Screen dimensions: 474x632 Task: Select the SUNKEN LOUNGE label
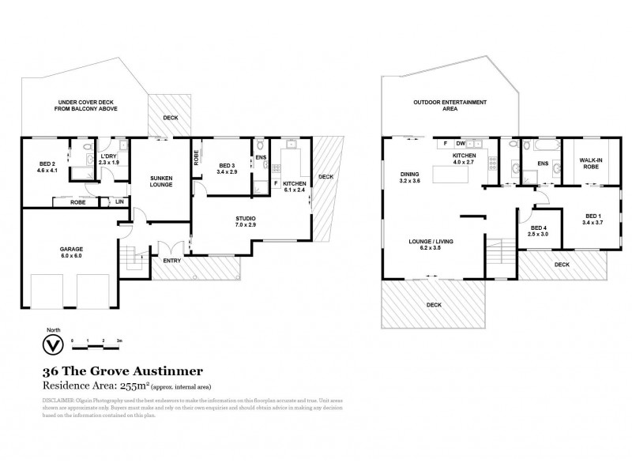[x=160, y=182]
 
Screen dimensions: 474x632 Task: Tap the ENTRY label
[x=171, y=260]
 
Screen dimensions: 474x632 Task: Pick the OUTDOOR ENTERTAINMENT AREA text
[x=450, y=106]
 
